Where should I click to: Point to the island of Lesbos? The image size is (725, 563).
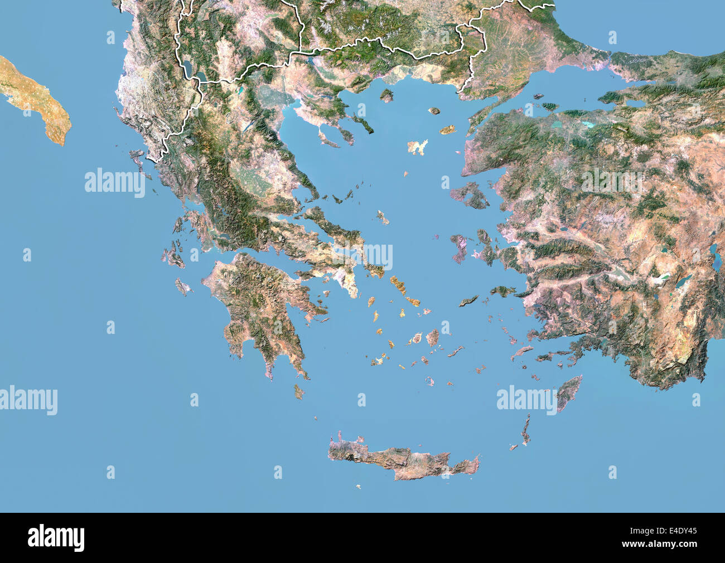coord(470,196)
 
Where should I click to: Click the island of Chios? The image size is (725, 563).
coord(458,247)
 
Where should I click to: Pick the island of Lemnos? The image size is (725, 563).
coord(417,147)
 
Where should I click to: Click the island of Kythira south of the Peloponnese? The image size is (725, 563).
coord(299,392)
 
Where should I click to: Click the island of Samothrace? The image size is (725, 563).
coord(433,111)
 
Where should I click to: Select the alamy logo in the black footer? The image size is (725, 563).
coord(56,538)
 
